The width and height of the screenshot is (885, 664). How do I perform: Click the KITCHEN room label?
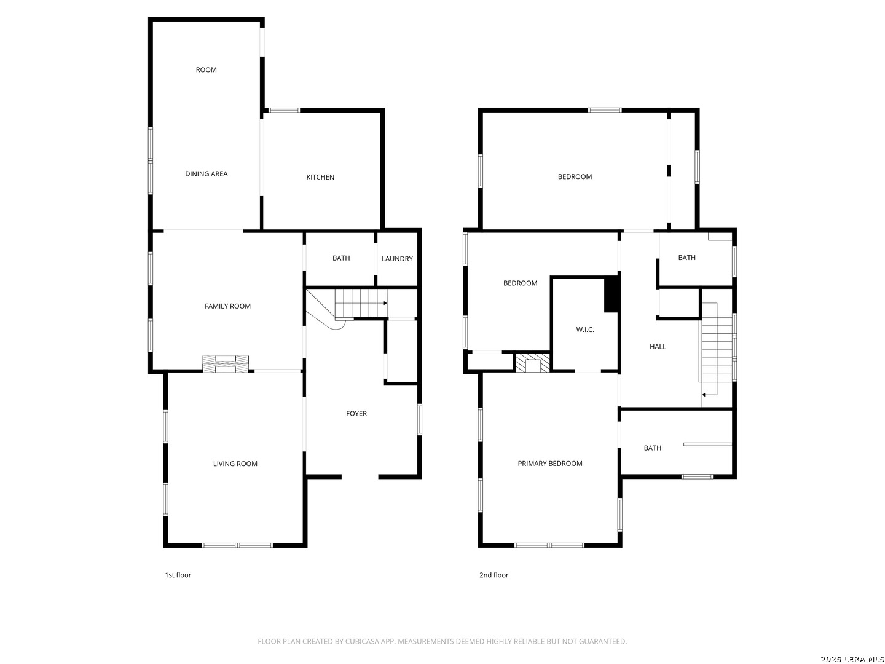[320, 177]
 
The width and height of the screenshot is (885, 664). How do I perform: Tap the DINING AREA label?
[206, 174]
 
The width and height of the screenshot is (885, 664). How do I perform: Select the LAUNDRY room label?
[397, 259]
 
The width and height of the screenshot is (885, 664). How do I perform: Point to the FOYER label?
[356, 413]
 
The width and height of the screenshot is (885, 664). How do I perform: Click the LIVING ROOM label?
[235, 464]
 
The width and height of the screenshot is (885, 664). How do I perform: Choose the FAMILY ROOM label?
[227, 306]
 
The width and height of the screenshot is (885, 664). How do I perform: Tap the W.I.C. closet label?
[584, 330]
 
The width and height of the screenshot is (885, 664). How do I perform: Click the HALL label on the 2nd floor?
[658, 347]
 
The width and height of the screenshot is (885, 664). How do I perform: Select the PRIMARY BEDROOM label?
[550, 464]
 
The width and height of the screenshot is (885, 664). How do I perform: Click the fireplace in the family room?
[226, 363]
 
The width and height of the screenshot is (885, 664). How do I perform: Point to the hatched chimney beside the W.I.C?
[533, 363]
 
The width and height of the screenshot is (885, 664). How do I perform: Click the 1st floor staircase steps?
[361, 303]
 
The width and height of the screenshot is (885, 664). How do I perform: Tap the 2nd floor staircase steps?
[717, 349]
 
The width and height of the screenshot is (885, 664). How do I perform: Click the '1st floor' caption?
[178, 575]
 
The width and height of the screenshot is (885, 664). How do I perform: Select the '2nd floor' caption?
[494, 575]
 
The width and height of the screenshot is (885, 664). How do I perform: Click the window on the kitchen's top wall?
[285, 110]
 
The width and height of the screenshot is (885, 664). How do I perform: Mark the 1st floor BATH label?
[341, 258]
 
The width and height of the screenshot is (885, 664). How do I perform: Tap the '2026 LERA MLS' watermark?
[852, 658]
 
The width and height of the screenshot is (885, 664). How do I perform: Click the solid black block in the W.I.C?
[612, 294]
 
